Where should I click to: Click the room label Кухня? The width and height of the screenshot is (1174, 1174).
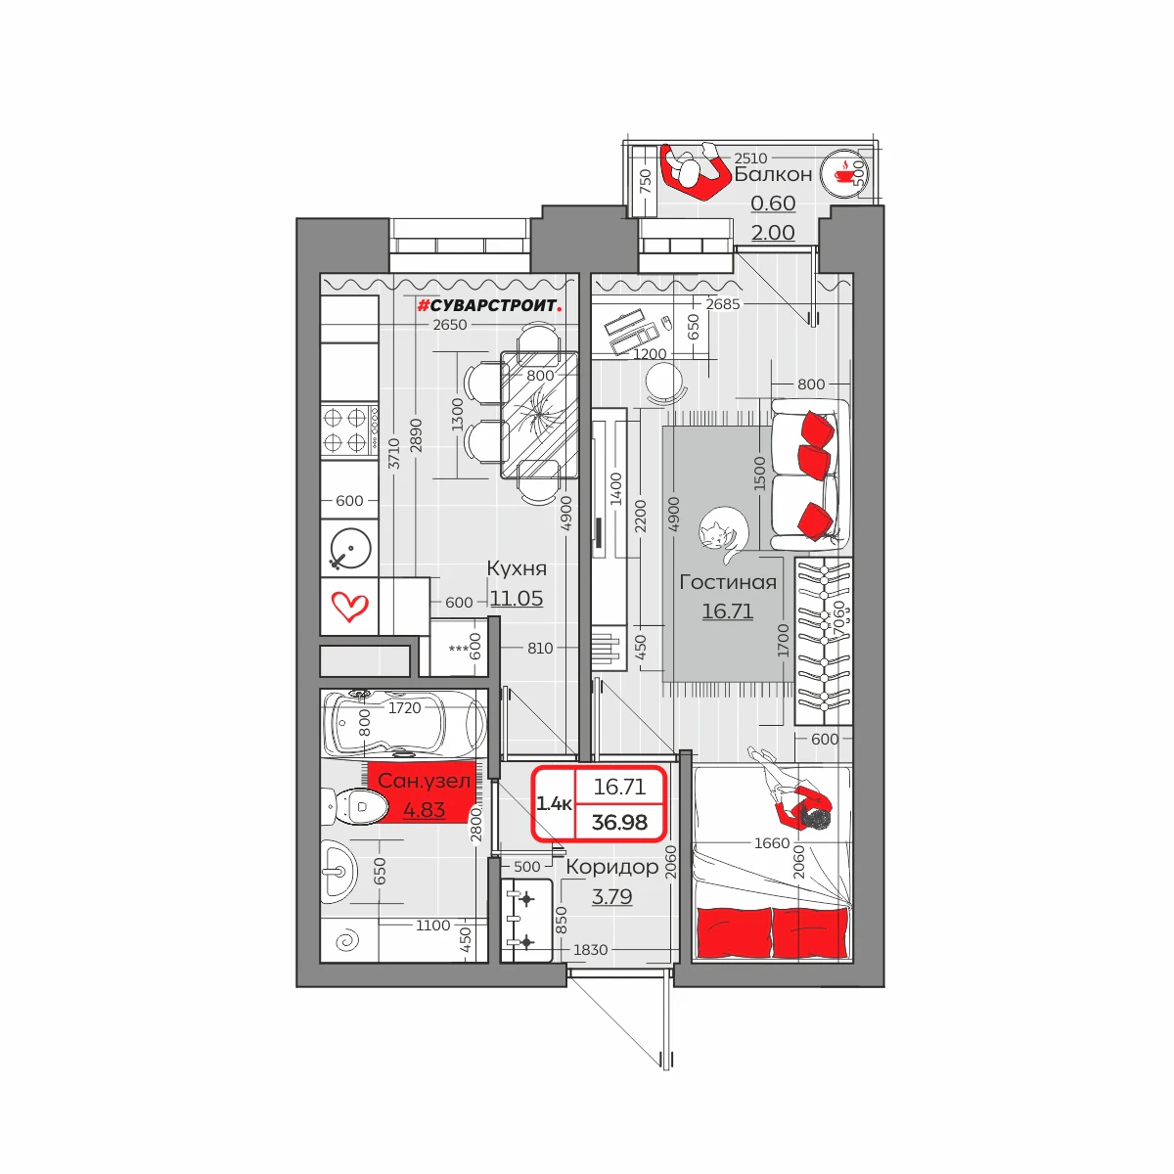[516, 568]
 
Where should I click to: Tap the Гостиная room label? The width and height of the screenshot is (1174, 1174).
[728, 582]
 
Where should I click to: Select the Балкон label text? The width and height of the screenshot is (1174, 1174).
[773, 174]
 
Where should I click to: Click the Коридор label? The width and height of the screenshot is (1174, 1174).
[611, 867]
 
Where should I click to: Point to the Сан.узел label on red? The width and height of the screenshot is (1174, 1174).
[424, 781]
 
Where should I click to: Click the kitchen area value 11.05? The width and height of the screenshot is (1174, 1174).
[516, 599]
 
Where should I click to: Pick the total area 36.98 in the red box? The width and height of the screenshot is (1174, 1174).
[619, 823]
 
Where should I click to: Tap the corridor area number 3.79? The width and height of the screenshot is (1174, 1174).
[611, 896]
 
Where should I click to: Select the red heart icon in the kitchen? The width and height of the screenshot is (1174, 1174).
[349, 607]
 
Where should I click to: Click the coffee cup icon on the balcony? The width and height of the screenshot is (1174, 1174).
[843, 173]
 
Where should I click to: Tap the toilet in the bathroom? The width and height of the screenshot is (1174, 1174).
[354, 806]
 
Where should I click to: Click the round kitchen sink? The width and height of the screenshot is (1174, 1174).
[349, 549]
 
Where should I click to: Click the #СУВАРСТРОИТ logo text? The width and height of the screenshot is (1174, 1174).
[488, 305]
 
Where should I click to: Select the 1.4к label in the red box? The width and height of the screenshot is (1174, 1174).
[554, 804]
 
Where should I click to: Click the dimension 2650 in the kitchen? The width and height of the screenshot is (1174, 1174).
[450, 325]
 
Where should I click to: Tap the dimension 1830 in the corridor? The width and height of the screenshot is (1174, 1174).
[590, 949]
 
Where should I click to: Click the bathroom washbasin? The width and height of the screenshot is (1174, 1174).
[339, 872]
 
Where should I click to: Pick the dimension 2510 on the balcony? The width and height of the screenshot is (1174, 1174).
[750, 158]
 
